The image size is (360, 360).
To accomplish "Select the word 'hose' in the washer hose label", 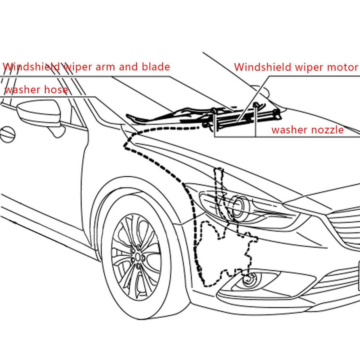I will coord(55,89).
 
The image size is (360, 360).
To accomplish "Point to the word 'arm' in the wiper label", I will coord(105,67).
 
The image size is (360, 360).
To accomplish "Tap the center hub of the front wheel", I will coord(138,257).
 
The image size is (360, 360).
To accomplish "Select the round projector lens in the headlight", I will coord(239,207).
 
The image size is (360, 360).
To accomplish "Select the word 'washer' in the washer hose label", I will coord(22,89).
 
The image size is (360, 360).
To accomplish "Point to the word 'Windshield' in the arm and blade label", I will coord(31,67).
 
